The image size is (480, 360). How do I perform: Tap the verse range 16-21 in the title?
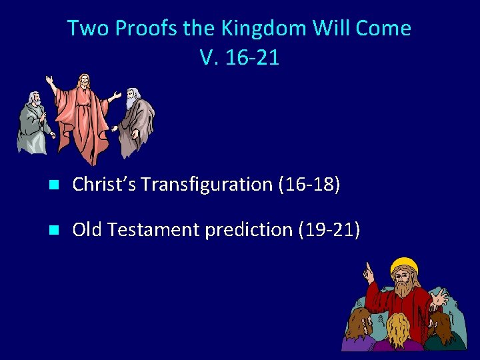(252, 57)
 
